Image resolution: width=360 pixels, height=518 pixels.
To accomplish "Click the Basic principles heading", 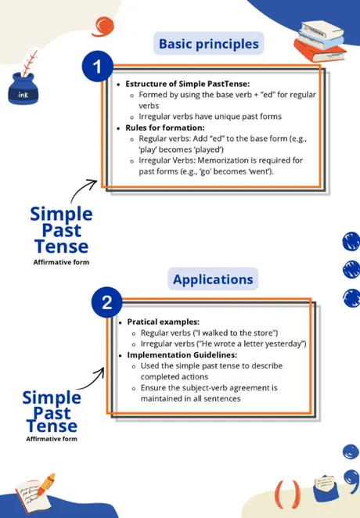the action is (209, 44).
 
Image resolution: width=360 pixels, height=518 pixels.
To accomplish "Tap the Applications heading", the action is (213, 279).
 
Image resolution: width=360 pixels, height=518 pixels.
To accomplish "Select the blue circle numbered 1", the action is (97, 67).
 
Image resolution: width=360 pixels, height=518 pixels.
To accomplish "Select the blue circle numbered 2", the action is (106, 302).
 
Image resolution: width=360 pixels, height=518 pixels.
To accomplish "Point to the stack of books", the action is (320, 41).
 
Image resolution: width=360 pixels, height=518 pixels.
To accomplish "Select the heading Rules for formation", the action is (165, 128).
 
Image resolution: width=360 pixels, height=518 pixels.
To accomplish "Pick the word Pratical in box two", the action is (142, 322).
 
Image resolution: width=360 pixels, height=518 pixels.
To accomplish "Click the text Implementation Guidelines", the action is (182, 355).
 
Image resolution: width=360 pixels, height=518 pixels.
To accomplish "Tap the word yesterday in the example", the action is (284, 344).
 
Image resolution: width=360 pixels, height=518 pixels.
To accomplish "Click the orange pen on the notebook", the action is (45, 485).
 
